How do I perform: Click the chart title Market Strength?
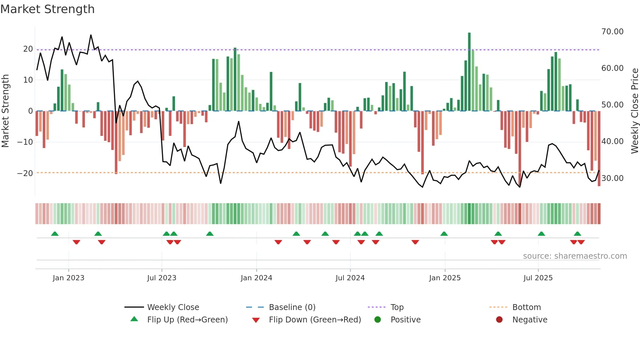pos(47,9)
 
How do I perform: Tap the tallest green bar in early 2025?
pos(469,72)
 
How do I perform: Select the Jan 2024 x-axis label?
pos(256,278)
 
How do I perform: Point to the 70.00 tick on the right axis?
pos(612,32)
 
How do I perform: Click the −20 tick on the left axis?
pos(25,173)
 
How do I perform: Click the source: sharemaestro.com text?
pos(575,256)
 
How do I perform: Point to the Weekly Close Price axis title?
pos(634,111)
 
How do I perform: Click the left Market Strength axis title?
pos(6,111)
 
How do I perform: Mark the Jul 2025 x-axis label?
pos(538,278)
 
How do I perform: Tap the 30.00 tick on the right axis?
pos(612,178)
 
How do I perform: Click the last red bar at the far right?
pos(599,149)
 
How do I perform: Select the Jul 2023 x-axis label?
pos(162,278)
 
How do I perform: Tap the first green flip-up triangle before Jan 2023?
pos(55,234)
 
